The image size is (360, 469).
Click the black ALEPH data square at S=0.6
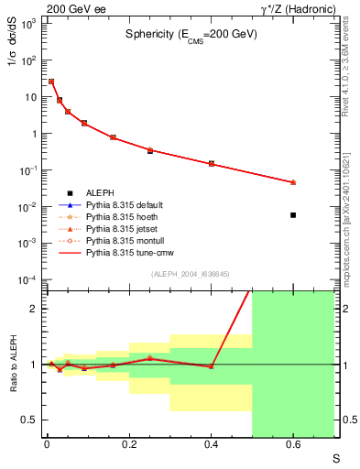[293, 214]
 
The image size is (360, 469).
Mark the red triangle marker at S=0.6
[293, 182]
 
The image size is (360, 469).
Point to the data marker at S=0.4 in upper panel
[211, 164]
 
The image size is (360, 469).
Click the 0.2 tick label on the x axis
[128, 446]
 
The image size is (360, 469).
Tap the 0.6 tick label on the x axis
[293, 446]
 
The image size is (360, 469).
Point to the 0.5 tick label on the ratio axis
[31, 420]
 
